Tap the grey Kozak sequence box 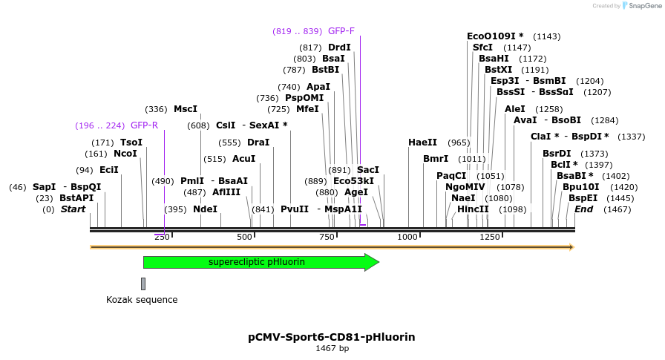(x=143, y=284)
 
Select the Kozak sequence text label (x=142, y=300)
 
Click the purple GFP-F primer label (x=341, y=31)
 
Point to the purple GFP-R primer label (x=144, y=125)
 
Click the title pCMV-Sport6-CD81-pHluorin (x=332, y=337)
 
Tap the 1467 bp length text (x=332, y=348)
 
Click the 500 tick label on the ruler (x=244, y=237)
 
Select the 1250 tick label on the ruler (x=490, y=237)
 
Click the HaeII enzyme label (x=422, y=143)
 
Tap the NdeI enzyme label (x=205, y=209)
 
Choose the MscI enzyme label (x=186, y=109)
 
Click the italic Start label (x=73, y=209)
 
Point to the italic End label (x=584, y=209)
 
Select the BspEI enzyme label (x=583, y=198)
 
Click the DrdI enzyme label (x=339, y=48)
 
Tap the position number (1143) (x=547, y=36)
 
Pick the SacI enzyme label (x=368, y=170)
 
